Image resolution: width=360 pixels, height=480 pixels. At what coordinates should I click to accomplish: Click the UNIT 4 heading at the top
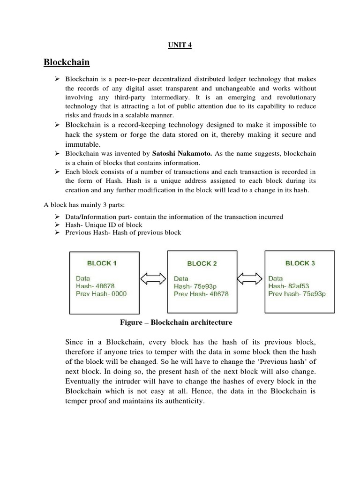[x=180, y=45]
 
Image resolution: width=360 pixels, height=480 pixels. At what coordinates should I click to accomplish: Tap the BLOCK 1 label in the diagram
[x=102, y=263]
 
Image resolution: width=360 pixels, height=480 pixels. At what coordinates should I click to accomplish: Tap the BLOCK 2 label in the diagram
[x=202, y=263]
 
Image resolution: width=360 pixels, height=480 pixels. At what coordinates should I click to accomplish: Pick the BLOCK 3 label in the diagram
[x=300, y=263]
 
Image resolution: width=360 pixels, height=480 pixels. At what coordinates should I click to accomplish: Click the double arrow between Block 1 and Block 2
[x=153, y=278]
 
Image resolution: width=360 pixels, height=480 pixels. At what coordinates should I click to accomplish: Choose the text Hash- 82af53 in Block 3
[x=288, y=286]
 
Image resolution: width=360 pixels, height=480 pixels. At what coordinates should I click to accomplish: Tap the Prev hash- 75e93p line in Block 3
[x=297, y=294]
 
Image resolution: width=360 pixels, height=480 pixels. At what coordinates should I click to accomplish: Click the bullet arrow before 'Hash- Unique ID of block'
[x=57, y=225]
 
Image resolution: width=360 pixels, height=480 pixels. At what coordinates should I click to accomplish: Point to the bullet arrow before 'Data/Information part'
[x=57, y=217]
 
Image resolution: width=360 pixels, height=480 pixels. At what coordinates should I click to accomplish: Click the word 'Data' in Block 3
[x=276, y=278]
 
